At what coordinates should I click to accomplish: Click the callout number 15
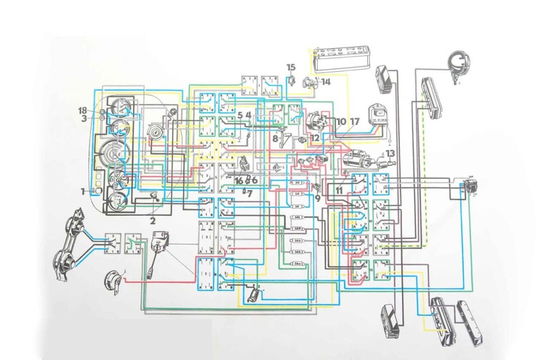click(x=292, y=67)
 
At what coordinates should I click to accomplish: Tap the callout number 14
click(x=325, y=82)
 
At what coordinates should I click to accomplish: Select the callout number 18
click(x=82, y=110)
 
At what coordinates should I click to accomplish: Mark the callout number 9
click(x=317, y=198)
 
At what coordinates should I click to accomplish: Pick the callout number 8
click(x=275, y=138)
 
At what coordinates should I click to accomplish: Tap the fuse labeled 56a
click(x=298, y=263)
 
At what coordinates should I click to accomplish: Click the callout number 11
click(x=340, y=190)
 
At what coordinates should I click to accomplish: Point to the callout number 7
click(x=250, y=193)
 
